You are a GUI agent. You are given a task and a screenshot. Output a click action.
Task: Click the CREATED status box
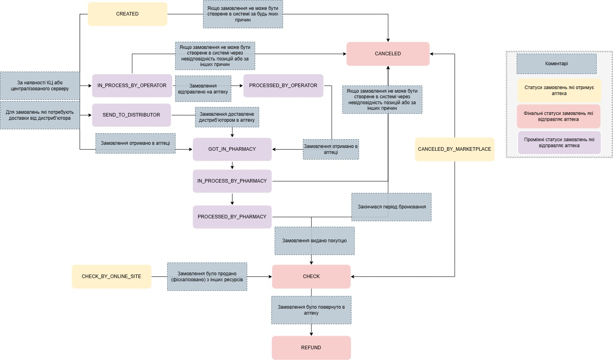point(127,14)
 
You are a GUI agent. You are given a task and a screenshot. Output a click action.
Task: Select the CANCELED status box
point(388,54)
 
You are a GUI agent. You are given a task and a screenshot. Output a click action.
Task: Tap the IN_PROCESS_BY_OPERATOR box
point(132,86)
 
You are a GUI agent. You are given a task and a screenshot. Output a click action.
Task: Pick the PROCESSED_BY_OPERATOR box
point(283,86)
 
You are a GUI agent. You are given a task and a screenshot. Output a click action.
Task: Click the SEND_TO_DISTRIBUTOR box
point(131,115)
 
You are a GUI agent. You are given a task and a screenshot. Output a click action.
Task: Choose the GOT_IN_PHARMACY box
point(232,149)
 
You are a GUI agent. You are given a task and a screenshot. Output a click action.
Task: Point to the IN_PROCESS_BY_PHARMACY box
point(232,181)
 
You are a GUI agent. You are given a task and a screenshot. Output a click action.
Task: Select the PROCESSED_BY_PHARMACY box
point(232,217)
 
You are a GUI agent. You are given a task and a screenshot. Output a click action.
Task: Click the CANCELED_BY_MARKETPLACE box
point(455,149)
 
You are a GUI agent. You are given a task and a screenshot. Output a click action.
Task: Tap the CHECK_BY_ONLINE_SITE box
point(111,276)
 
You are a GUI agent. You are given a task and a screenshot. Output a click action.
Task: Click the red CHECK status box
point(311,276)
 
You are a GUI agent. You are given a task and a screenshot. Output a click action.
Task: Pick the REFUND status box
point(311,348)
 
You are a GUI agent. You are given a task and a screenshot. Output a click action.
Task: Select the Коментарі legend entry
point(556,64)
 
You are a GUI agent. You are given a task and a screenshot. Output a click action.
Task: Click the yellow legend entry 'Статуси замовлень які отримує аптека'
point(559,91)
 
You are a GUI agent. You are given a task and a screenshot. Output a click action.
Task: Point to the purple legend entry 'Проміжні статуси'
point(559,143)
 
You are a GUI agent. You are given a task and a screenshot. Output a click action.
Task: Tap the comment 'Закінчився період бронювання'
point(392,207)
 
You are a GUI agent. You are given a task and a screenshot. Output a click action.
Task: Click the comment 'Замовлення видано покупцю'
point(314,241)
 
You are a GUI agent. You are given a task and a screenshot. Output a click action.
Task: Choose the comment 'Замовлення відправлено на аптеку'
point(203,89)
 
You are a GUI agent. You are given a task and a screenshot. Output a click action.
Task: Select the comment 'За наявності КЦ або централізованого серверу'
point(40,86)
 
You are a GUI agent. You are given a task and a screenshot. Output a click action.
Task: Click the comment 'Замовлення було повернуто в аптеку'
point(311,310)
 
